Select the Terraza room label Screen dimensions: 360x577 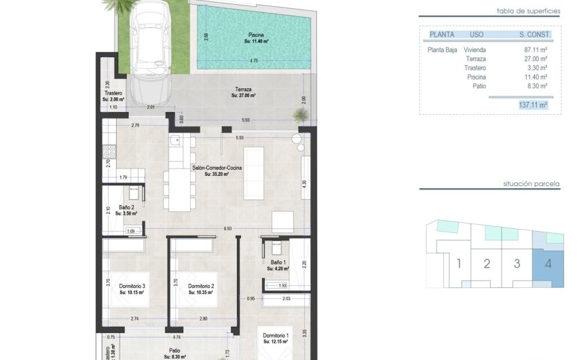(x=243, y=90)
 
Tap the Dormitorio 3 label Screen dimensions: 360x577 (x=132, y=286)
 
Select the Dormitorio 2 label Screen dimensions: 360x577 (x=201, y=286)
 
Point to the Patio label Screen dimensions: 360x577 (x=175, y=350)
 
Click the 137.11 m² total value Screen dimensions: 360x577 (x=532, y=105)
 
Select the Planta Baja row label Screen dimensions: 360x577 (x=442, y=50)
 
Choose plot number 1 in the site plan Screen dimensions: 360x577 (x=459, y=264)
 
